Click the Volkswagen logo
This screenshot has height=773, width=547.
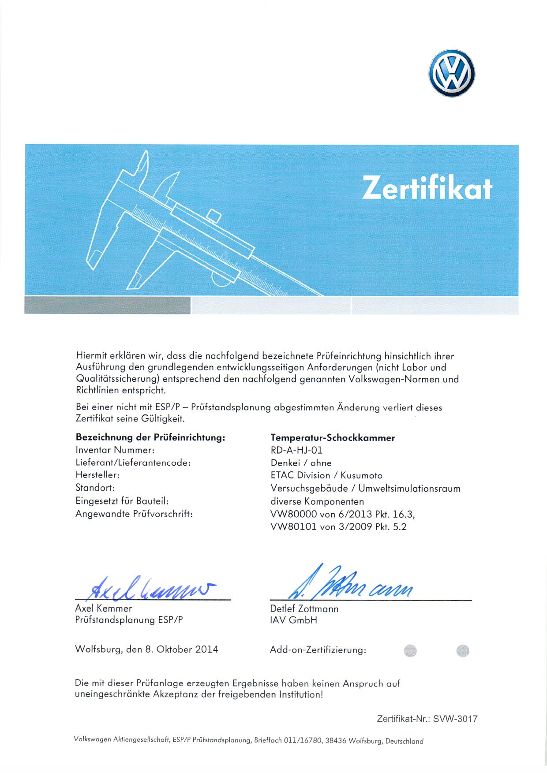point(451,73)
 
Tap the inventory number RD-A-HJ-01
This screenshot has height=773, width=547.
point(296,450)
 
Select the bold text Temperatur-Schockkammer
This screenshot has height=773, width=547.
point(332,438)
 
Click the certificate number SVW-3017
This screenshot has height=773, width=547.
point(455,719)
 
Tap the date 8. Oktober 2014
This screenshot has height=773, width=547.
point(182,649)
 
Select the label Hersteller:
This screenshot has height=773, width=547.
point(97,475)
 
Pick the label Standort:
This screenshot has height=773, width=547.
point(95,488)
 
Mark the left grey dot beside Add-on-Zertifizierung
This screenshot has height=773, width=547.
point(410,650)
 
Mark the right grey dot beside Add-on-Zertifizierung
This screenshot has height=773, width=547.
point(463,650)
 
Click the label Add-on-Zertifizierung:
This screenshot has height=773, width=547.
point(318,650)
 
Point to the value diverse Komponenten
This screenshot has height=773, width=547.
point(317,501)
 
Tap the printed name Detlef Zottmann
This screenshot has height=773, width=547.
point(304,609)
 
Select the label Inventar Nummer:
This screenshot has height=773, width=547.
point(115,450)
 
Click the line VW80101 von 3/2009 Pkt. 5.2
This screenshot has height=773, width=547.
point(338,527)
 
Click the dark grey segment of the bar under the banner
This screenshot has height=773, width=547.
point(107,305)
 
